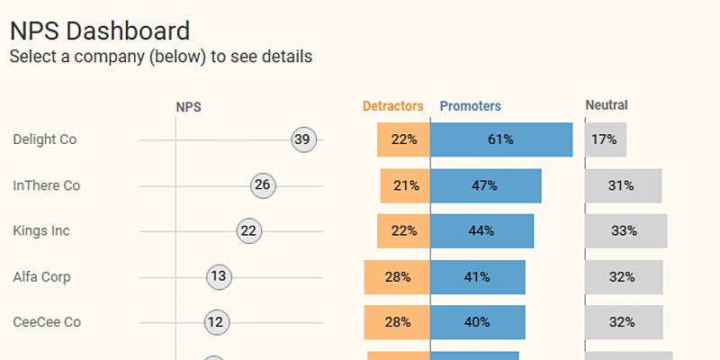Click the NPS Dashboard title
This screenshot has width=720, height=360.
[99, 31]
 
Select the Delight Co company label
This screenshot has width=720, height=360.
[45, 139]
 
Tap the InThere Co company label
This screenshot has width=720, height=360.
[47, 185]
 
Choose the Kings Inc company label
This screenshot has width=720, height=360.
[41, 231]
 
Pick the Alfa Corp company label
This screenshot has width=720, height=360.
[41, 276]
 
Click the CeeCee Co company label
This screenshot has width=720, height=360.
[47, 322]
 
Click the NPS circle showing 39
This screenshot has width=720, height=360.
[304, 139]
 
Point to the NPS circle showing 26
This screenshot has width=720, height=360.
[263, 185]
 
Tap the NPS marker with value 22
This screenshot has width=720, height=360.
[248, 231]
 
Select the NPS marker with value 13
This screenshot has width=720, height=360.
[219, 276]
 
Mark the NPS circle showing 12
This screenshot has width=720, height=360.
[216, 322]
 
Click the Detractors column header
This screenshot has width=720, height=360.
[392, 106]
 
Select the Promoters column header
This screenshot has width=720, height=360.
[470, 106]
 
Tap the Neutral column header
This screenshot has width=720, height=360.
[607, 105]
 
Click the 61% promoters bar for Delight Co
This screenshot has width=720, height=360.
[501, 139]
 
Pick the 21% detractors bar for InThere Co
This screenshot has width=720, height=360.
[405, 185]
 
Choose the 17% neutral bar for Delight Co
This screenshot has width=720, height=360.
[606, 139]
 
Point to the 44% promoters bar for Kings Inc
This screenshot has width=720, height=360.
[481, 231]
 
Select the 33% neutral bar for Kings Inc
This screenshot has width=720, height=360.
[626, 231]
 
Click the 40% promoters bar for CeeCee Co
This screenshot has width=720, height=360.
[478, 322]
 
